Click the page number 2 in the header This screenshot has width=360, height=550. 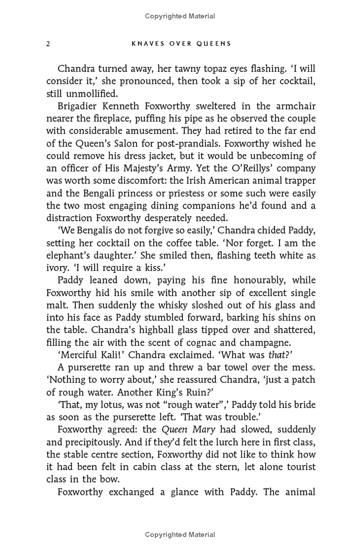tap(48, 44)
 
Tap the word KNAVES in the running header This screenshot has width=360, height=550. tap(144, 44)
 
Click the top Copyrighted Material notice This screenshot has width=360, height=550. tap(180, 16)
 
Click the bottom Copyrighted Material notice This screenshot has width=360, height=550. tap(180, 535)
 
